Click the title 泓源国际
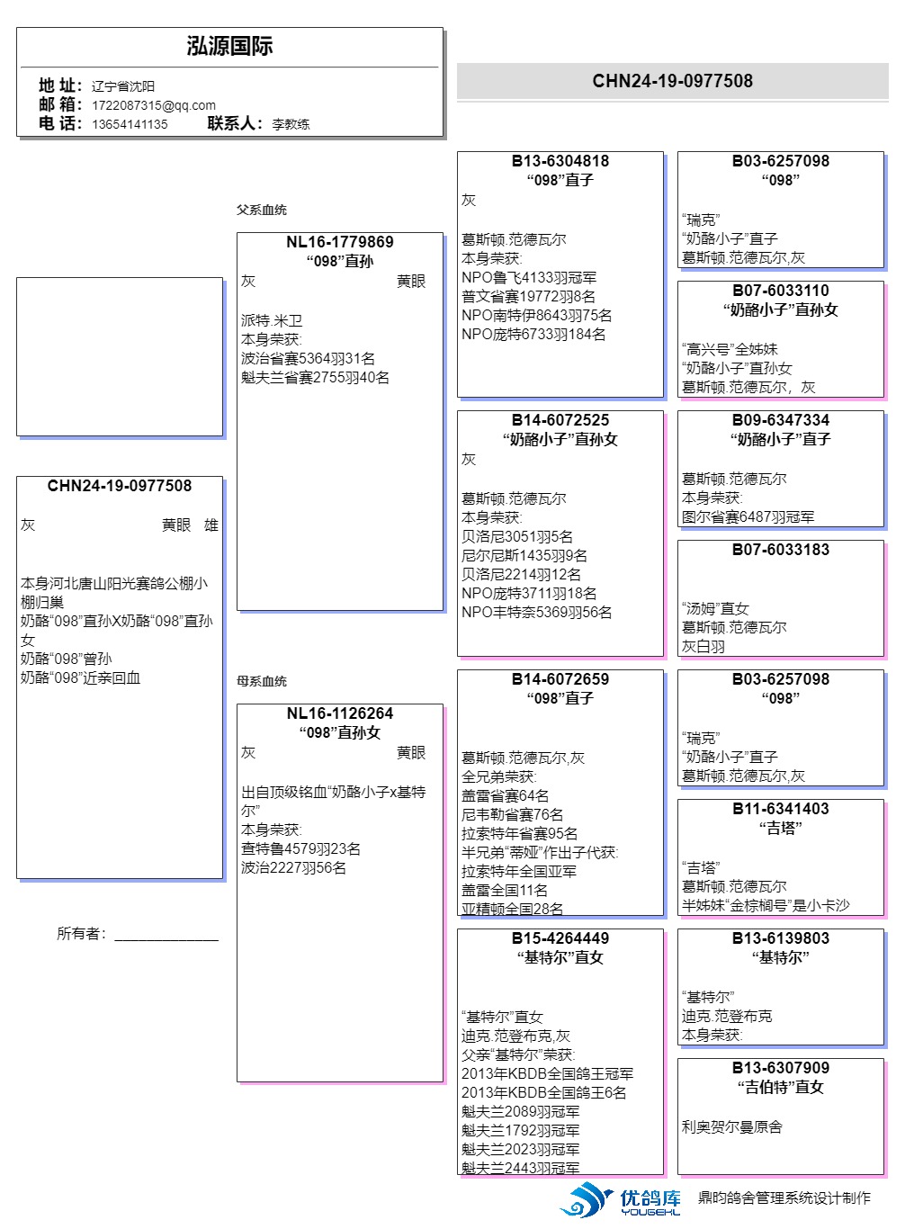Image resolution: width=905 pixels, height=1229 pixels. pos(229,47)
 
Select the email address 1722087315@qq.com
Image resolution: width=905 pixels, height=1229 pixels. pos(153,105)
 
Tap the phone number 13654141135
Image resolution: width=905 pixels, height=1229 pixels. pos(130,124)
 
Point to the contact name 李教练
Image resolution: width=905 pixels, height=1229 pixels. pos(291,124)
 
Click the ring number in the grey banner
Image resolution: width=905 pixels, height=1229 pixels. pos(672,81)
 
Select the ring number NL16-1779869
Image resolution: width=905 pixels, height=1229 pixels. pos(339,242)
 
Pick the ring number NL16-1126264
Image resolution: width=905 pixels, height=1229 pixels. pos(339,713)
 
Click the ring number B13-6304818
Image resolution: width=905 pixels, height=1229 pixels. pos(560,161)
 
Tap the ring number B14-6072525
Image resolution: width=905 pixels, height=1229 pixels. pos(560,420)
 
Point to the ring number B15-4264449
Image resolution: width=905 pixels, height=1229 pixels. pos(560,938)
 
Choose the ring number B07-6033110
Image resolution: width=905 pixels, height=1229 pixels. pos(780,291)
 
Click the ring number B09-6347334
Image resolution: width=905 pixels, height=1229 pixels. pos(780,420)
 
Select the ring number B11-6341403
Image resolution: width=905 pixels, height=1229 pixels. pos(780,809)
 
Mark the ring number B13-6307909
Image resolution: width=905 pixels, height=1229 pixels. pos(780,1068)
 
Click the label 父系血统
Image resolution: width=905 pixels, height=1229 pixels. pos(262,210)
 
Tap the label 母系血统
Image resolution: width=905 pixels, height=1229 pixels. pos(262,681)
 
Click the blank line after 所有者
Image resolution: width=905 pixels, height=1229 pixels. pos(166,936)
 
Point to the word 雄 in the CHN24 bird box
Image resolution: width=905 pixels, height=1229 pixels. pos(211,525)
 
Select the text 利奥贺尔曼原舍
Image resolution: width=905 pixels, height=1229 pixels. pos(731,1126)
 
